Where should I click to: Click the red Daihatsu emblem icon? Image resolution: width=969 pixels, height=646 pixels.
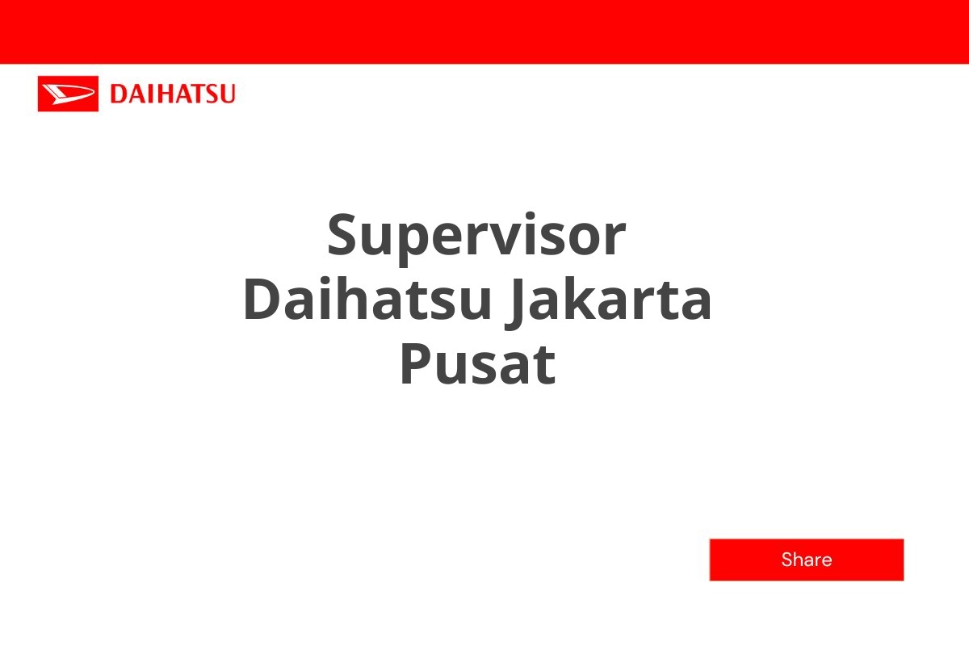(x=68, y=94)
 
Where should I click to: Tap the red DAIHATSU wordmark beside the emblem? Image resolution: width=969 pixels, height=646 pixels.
(x=172, y=94)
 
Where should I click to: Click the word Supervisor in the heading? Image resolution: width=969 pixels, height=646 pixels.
(x=476, y=235)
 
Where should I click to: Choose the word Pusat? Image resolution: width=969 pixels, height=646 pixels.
(x=477, y=364)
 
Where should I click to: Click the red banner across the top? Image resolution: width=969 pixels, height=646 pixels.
(x=484, y=31)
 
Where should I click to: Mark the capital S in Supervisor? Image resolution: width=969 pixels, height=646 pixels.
(x=343, y=235)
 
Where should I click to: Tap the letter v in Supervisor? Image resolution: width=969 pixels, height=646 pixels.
(x=488, y=239)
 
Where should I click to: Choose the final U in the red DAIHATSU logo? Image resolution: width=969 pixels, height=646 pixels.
(x=227, y=94)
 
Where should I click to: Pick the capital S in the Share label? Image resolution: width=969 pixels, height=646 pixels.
(x=787, y=560)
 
